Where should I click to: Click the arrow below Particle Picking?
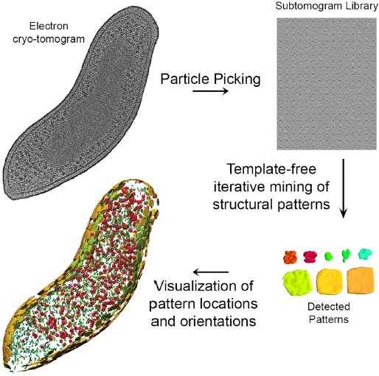click(x=210, y=91)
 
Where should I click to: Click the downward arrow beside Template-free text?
click(x=344, y=188)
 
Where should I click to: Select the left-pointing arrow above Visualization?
click(x=211, y=272)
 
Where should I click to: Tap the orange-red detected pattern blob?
click(x=290, y=258)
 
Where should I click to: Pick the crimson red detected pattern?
click(x=310, y=257)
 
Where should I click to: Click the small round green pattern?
click(x=328, y=256)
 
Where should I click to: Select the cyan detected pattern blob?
click(x=365, y=254)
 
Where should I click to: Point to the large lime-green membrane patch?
click(x=298, y=282)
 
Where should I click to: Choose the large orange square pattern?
click(x=361, y=280)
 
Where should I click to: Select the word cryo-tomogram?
click(x=49, y=39)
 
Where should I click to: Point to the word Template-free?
click(x=271, y=169)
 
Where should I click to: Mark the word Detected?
click(x=329, y=307)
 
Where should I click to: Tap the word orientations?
click(x=218, y=321)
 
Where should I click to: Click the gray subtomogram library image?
click(x=327, y=84)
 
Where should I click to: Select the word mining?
click(x=293, y=188)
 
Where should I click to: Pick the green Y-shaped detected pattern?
click(x=346, y=255)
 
